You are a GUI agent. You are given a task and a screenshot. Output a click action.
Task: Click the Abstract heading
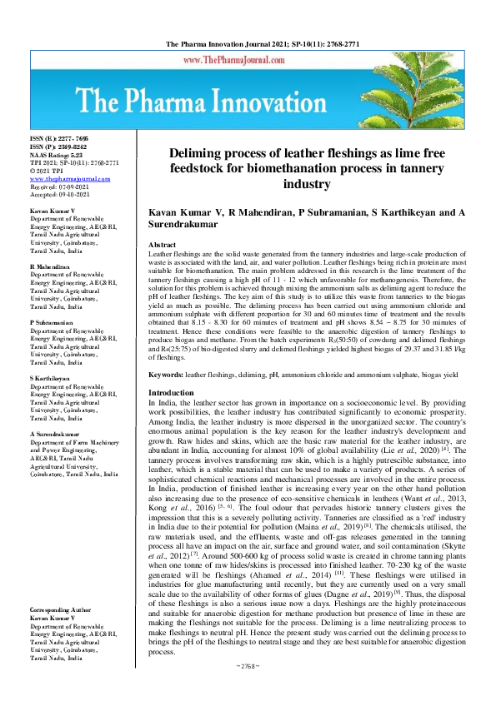point(163,245)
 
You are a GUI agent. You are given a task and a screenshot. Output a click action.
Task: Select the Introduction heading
point(170,392)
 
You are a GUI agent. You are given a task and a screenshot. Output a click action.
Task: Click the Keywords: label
point(164,375)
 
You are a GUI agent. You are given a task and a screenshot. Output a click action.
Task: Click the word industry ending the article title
point(307,184)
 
